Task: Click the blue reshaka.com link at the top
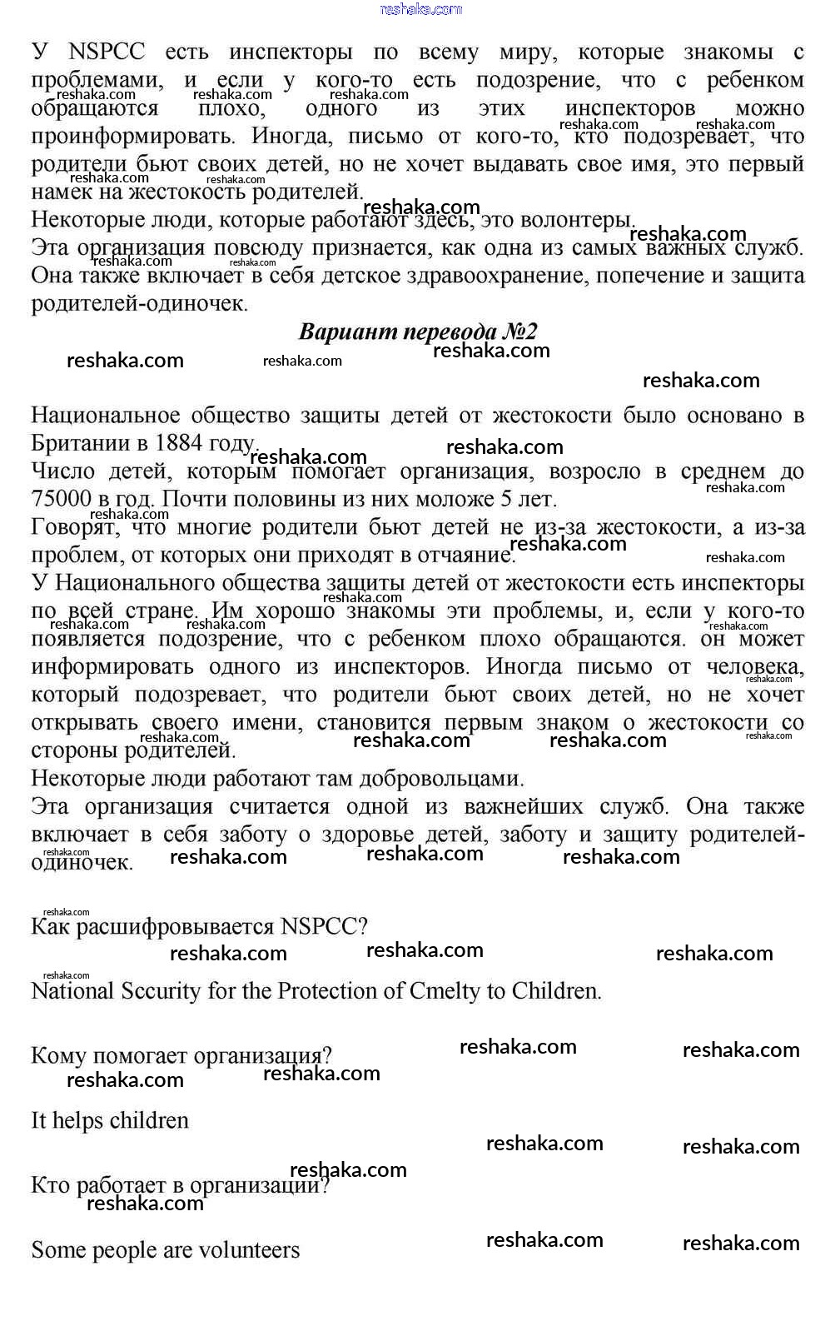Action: [420, 9]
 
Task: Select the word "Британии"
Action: [72, 443]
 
